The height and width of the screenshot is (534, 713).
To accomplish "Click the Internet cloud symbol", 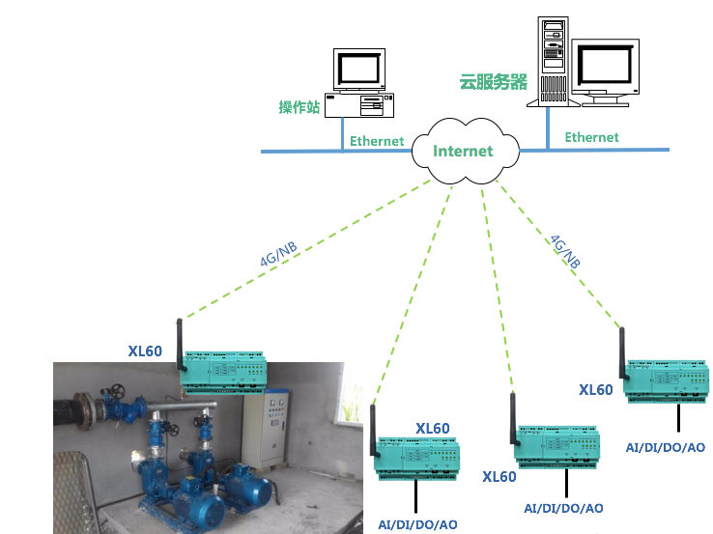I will click(463, 152).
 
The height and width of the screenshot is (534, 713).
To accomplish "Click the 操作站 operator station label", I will click(299, 107).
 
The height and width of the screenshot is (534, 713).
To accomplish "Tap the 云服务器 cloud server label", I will click(493, 82).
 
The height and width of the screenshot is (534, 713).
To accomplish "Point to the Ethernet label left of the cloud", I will click(377, 141).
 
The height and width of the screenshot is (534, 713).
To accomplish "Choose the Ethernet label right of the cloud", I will click(591, 137).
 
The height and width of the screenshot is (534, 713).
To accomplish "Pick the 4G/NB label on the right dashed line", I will click(564, 250).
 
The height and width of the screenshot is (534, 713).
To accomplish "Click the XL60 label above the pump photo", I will click(145, 351).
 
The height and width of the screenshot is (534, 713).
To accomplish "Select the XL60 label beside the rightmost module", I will click(596, 390).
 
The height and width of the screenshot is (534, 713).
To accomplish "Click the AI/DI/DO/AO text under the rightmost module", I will click(666, 447).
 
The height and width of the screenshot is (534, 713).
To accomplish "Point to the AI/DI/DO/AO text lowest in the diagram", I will click(417, 524).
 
